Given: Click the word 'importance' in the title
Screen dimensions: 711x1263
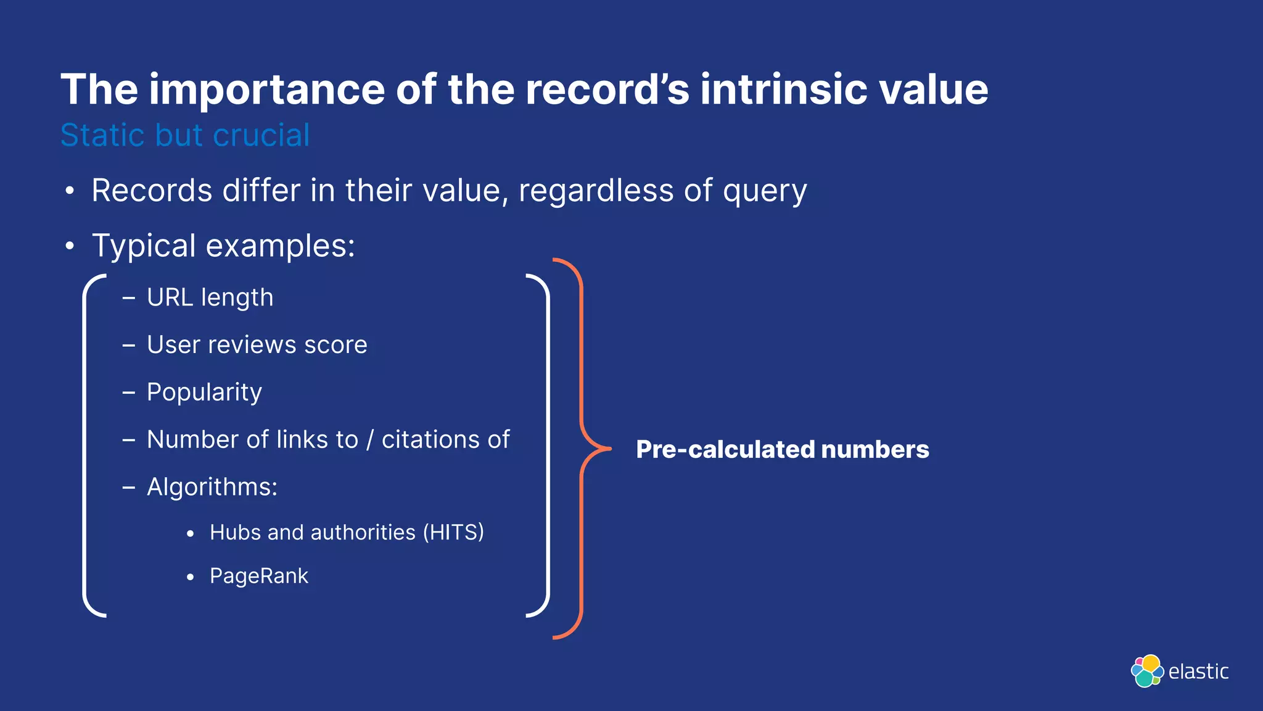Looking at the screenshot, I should [x=266, y=90].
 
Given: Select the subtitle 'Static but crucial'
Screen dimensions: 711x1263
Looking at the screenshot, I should [x=185, y=135].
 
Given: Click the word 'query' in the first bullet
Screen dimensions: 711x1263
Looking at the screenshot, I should [x=765, y=191].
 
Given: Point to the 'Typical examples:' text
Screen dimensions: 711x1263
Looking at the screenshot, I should [x=223, y=246].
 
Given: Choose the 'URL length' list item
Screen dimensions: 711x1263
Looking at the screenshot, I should [x=210, y=298].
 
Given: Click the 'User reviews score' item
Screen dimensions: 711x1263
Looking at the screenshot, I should [x=257, y=345].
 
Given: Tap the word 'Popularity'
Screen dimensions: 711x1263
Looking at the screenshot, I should [x=204, y=393].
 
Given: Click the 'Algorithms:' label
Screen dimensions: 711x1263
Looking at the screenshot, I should [x=212, y=487].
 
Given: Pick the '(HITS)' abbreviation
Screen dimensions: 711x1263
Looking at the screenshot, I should [x=453, y=532].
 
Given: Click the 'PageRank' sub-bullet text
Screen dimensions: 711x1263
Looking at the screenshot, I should [x=259, y=576].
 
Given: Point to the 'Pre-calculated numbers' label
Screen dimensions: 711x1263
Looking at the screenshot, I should [x=782, y=449].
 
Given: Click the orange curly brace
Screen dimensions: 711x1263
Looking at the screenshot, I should [x=582, y=449].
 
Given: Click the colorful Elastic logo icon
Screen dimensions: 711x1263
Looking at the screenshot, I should [x=1147, y=671].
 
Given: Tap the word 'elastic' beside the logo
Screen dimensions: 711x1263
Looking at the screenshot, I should [x=1198, y=671].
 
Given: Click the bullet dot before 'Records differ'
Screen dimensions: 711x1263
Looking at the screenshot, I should [x=70, y=191].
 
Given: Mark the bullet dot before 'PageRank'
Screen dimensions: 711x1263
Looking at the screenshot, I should [x=191, y=577].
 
